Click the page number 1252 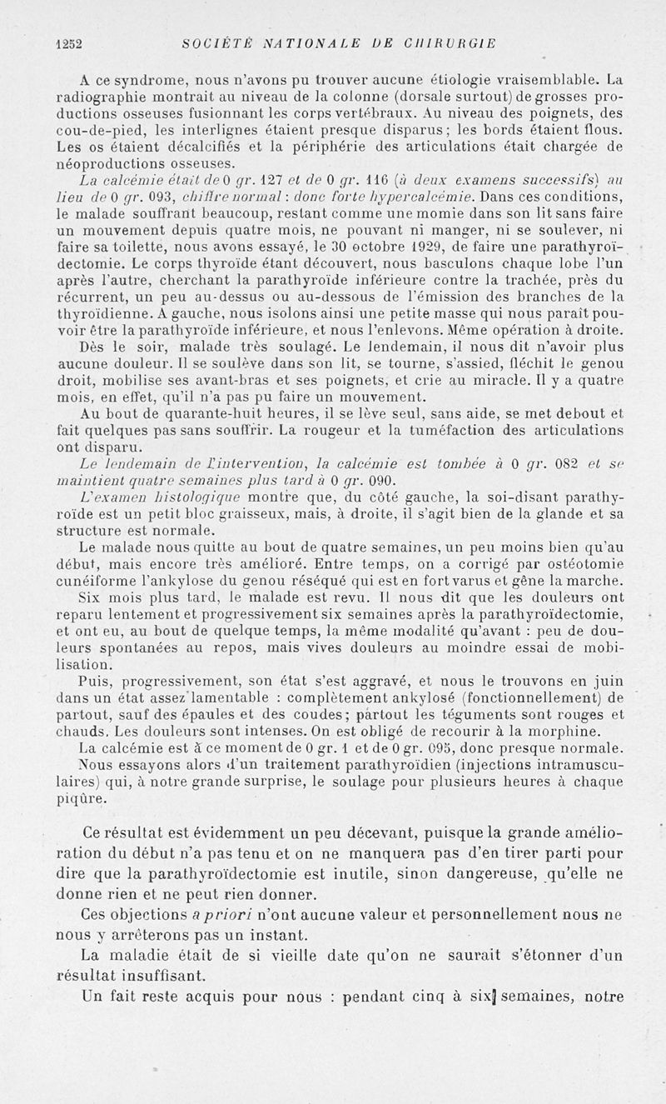point(67,44)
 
